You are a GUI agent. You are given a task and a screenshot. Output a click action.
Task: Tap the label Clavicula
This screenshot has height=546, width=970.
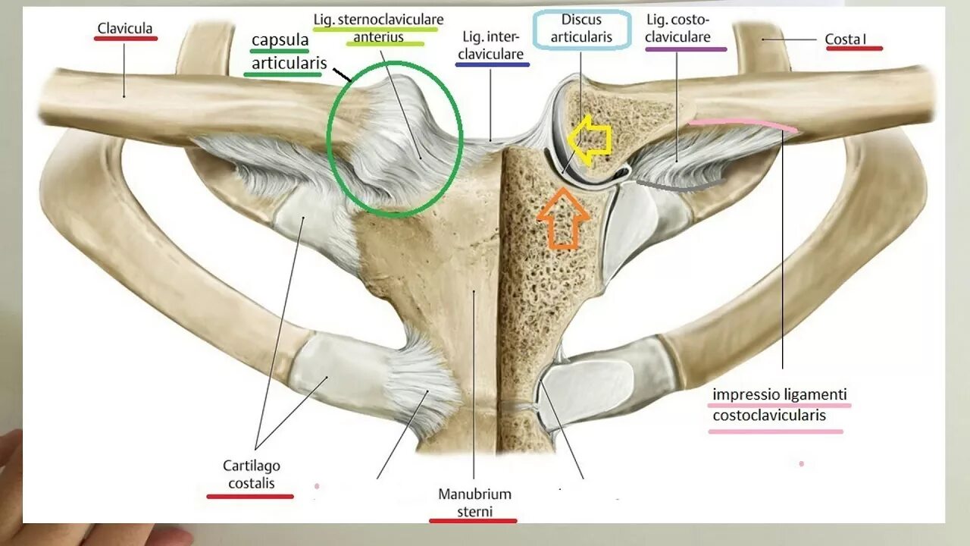tap(125, 29)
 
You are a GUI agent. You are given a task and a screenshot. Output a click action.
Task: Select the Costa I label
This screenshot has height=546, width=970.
tap(845, 38)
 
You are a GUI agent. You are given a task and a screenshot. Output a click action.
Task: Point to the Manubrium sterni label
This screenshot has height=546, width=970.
tap(474, 502)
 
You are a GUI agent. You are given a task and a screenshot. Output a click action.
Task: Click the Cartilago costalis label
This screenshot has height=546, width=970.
tap(251, 473)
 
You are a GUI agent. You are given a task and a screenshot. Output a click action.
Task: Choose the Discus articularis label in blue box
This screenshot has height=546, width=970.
tap(581, 29)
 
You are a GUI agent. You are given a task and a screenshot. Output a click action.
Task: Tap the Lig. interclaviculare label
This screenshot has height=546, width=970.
tap(493, 45)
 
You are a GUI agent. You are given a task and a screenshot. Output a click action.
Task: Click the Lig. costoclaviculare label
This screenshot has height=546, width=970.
tap(679, 27)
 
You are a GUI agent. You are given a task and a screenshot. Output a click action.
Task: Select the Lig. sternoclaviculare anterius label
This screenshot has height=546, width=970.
tap(378, 27)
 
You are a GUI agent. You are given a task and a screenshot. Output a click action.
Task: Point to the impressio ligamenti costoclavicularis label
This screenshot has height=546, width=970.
tap(779, 405)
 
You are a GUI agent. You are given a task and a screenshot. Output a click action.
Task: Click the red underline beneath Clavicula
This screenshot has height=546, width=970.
tap(125, 39)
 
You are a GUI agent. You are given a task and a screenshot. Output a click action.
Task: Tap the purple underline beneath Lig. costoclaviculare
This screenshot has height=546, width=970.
tap(686, 49)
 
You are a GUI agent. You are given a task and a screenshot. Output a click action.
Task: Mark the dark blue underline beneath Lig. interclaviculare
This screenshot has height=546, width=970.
tap(493, 65)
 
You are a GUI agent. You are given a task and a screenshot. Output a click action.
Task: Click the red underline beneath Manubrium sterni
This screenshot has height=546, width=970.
tap(473, 521)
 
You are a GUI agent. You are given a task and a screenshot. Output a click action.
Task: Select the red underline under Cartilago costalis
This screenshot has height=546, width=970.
tap(250, 497)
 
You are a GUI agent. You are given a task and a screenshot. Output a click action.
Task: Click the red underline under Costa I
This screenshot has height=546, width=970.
tap(854, 49)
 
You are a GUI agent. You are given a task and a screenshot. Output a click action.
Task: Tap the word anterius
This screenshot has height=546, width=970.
tap(378, 36)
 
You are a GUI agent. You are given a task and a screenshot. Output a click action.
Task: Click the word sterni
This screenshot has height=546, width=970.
tap(474, 511)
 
